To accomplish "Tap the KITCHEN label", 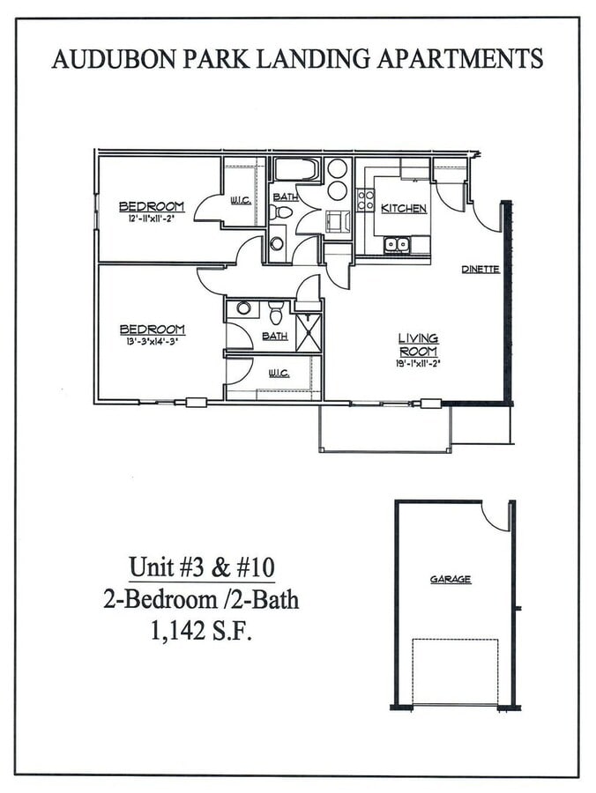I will [x=404, y=209].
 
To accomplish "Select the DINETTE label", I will [x=481, y=270].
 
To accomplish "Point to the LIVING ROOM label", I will [x=418, y=344].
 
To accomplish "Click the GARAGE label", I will [x=451, y=579].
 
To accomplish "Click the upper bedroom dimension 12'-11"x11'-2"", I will [x=152, y=219].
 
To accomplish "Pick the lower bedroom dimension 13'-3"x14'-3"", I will [x=152, y=342].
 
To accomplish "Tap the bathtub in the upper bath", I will [x=295, y=169].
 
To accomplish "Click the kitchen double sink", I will [x=397, y=244].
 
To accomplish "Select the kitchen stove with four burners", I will [x=365, y=199].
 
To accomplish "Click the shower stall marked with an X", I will [x=309, y=332].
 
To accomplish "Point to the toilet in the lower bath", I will [x=276, y=312].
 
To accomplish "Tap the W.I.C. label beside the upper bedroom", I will [x=241, y=200].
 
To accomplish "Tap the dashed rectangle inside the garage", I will [x=455, y=671].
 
